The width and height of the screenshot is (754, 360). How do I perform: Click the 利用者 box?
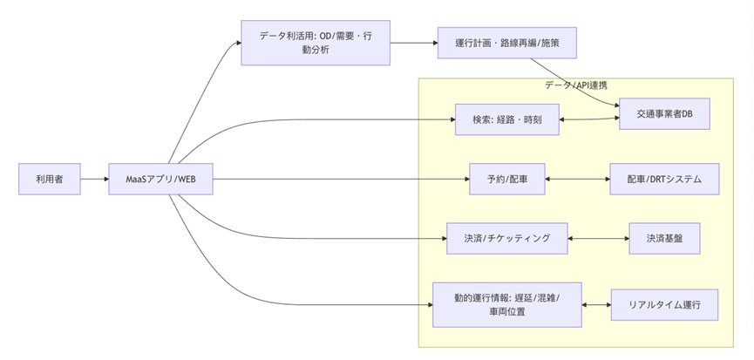click(50, 180)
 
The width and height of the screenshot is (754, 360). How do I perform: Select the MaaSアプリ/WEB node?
click(160, 180)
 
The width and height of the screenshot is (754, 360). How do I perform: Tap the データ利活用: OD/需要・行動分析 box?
click(315, 43)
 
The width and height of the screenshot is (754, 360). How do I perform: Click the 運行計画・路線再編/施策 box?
click(506, 43)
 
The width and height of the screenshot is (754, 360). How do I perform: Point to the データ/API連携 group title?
click(576, 85)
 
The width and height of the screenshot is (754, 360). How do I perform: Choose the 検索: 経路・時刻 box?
click(507, 119)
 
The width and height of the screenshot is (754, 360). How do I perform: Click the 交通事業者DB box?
click(664, 114)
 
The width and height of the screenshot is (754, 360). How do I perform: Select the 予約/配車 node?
click(507, 180)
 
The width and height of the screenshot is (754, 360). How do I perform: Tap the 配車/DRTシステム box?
click(664, 180)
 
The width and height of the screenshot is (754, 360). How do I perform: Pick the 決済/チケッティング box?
click(507, 238)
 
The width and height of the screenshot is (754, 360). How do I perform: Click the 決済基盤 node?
click(664, 238)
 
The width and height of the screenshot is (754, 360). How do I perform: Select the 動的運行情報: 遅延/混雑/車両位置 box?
click(507, 304)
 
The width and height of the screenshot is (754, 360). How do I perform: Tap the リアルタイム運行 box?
click(664, 304)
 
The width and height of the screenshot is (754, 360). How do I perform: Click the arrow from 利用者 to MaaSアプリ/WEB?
click(93, 180)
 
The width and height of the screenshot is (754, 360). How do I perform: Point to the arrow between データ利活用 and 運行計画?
click(413, 43)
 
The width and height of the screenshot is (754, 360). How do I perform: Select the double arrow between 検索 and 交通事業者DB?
click(589, 118)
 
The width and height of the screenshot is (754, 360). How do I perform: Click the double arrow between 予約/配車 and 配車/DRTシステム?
click(577, 180)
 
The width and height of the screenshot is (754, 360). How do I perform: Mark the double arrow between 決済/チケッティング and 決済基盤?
click(598, 238)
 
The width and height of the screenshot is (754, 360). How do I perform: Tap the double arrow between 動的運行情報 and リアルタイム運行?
click(596, 304)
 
